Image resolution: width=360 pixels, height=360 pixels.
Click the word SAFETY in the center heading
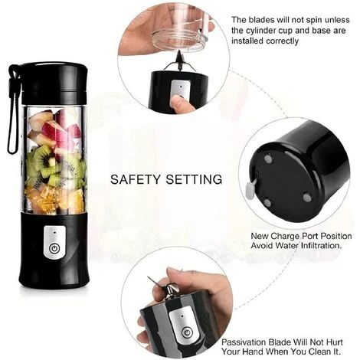click(x=136, y=179)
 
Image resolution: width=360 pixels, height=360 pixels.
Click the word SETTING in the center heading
click(x=194, y=179)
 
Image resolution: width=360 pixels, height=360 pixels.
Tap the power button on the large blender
click(x=54, y=248)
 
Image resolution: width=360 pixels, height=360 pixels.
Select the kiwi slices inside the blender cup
click(x=55, y=165)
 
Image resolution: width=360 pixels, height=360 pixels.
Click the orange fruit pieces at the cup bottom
click(x=55, y=199)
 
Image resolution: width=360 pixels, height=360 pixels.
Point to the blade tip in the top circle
click(x=180, y=52)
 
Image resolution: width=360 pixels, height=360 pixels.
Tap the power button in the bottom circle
click(x=187, y=332)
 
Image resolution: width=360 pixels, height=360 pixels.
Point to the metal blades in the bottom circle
click(x=167, y=287)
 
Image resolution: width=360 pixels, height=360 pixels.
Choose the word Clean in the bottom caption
click(x=319, y=352)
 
